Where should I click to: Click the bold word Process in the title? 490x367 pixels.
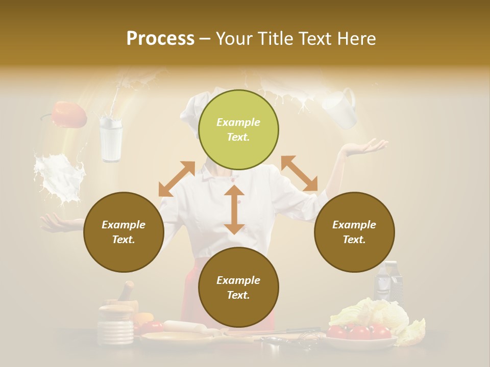[x=160, y=39]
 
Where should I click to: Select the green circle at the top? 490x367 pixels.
[x=238, y=129]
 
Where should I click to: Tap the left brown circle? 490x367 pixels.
[x=124, y=232]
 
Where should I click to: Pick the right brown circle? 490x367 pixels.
[x=354, y=232]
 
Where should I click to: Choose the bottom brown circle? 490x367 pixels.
[x=238, y=287]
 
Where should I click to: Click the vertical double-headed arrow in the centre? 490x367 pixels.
[x=234, y=209]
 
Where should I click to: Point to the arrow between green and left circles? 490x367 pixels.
[x=177, y=178]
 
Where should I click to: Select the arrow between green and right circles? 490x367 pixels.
[x=300, y=173]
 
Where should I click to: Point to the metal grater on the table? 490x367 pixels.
[x=387, y=283]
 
